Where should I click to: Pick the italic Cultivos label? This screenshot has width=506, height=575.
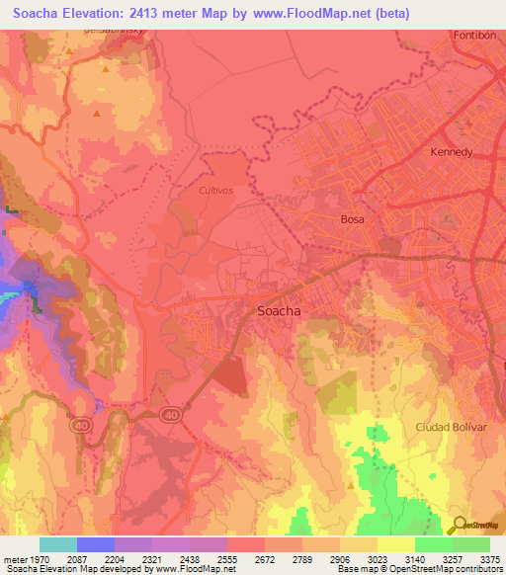click(215, 190)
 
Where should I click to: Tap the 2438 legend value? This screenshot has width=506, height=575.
click(190, 559)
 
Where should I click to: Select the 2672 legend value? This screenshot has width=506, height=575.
click(265, 559)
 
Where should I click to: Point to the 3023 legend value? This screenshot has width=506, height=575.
click(378, 559)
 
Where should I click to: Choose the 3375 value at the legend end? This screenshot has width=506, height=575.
click(489, 559)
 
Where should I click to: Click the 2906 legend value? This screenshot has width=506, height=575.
click(340, 559)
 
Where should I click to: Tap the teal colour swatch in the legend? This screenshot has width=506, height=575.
click(58, 544)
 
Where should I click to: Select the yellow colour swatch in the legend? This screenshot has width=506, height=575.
click(396, 544)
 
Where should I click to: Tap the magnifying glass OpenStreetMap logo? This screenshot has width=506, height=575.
click(459, 525)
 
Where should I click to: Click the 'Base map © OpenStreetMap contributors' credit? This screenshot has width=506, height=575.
click(419, 569)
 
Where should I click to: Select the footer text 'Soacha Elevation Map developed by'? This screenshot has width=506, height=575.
click(71, 569)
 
